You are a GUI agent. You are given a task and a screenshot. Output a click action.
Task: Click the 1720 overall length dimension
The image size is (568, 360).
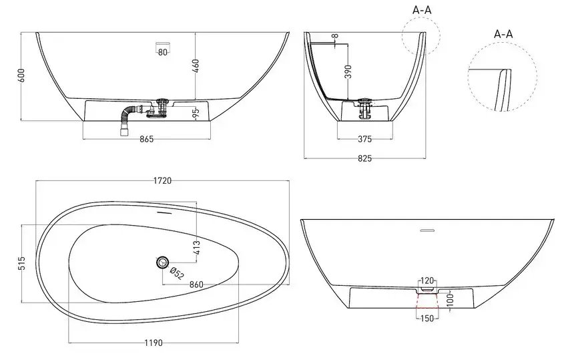click(x=162, y=180)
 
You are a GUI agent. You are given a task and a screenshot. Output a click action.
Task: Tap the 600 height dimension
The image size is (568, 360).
click(x=21, y=75)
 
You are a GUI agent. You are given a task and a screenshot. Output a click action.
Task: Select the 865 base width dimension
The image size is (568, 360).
click(x=147, y=139)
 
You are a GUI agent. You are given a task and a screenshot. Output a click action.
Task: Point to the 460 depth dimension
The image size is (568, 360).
click(x=196, y=66)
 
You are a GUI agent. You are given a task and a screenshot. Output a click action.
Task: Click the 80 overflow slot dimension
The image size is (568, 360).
click(x=163, y=52)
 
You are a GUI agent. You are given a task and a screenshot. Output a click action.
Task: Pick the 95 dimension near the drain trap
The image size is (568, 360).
click(x=196, y=113)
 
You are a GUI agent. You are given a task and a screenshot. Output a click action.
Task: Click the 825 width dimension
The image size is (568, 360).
click(x=365, y=158)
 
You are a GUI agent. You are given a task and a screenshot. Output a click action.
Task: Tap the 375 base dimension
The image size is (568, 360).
click(x=365, y=139)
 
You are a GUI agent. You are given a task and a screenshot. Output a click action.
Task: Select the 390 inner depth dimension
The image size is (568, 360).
click(x=348, y=71)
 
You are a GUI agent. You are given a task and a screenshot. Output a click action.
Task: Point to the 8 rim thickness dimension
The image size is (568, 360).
click(x=335, y=36)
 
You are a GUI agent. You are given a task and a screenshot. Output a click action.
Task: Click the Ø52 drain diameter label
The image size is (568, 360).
click(x=176, y=273)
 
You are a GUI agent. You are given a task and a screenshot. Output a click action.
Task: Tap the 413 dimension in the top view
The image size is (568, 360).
click(x=197, y=248)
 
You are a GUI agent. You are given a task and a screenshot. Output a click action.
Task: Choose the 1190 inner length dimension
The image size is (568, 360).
click(x=154, y=343)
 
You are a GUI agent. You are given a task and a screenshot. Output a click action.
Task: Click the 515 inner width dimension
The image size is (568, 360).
click(x=22, y=263)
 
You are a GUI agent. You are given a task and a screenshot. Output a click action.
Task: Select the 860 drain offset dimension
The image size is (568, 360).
click(x=196, y=285)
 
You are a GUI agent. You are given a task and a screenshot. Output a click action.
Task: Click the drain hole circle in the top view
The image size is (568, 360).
click(x=163, y=262)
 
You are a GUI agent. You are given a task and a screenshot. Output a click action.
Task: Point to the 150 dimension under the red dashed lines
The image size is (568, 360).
click(x=427, y=319)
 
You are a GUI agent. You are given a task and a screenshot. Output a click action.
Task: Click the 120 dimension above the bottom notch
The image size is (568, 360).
click(x=427, y=281)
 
